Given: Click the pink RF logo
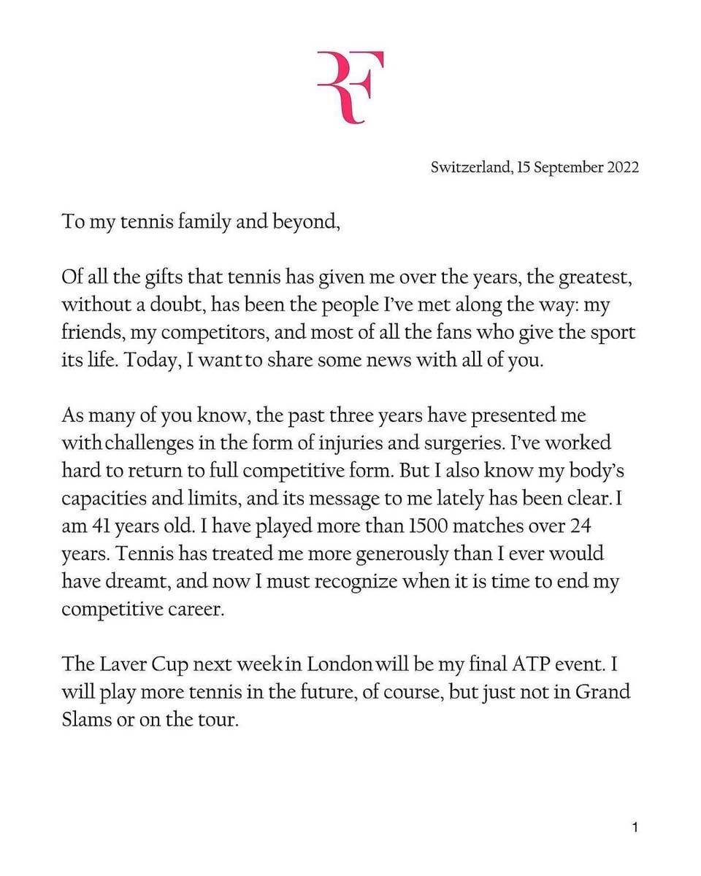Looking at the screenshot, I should pos(350,88).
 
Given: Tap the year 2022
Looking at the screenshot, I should pos(621,167).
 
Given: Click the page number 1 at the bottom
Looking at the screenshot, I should pos(635,828).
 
